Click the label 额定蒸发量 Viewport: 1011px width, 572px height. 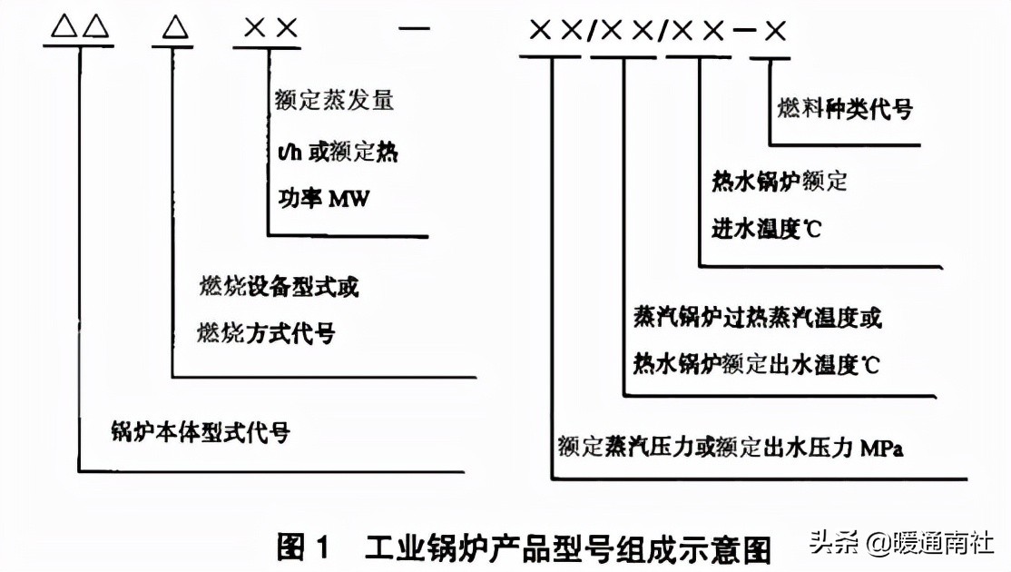pyautogui.click(x=333, y=101)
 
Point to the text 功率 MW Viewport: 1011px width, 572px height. pyautogui.click(x=321, y=198)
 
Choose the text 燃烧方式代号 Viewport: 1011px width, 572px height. pyautogui.click(x=265, y=334)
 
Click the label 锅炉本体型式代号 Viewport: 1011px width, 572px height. pyautogui.click(x=200, y=431)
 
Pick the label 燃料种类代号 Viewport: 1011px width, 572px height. pyautogui.click(x=844, y=110)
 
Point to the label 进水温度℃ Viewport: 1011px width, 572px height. pyautogui.click(x=766, y=230)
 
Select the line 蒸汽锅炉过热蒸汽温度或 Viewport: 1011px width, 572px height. pyautogui.click(x=757, y=318)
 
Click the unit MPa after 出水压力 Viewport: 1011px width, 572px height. pyautogui.click(x=882, y=448)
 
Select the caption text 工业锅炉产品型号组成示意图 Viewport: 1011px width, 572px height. pyautogui.click(x=568, y=548)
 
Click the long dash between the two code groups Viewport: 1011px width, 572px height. pyautogui.click(x=415, y=29)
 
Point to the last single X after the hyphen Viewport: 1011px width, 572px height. pyautogui.click(x=774, y=30)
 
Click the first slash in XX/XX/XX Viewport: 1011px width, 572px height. pyautogui.click(x=591, y=31)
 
